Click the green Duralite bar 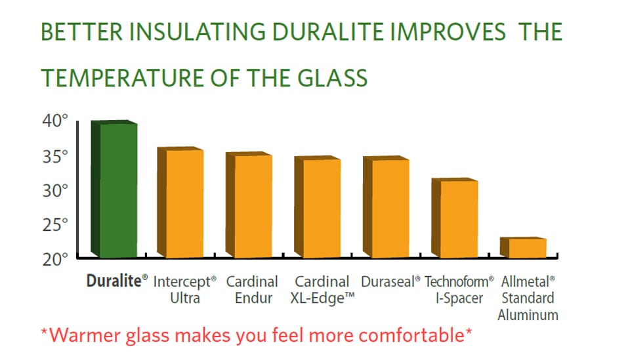[x=114, y=189]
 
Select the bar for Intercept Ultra [x=180, y=202]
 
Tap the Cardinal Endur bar [x=249, y=205]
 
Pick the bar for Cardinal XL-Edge [x=318, y=207]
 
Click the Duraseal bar [x=386, y=207]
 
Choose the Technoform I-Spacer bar [x=455, y=218]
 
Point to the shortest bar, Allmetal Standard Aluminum [x=523, y=248]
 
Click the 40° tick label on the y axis [x=55, y=121]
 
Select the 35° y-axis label [x=55, y=157]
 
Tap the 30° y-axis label [x=55, y=191]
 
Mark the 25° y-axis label [x=55, y=225]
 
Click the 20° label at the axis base [x=55, y=260]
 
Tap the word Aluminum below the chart [x=528, y=315]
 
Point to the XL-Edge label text [x=323, y=298]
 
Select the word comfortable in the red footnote [x=411, y=335]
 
